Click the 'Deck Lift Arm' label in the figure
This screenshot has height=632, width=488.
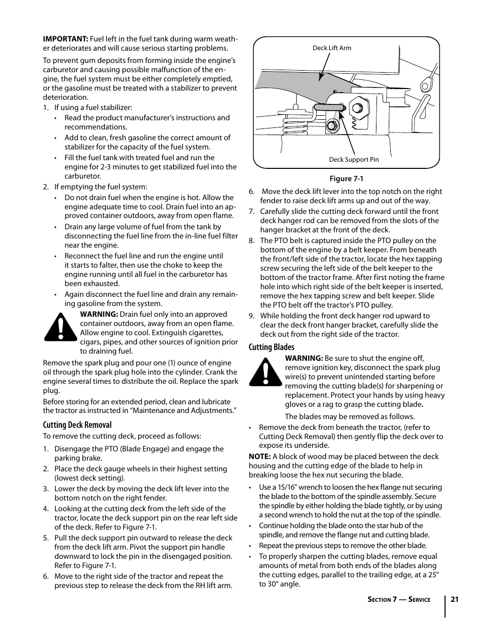tap(331, 48)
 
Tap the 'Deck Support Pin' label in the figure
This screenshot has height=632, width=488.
tap(353, 159)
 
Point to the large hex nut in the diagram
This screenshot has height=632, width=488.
tap(356, 108)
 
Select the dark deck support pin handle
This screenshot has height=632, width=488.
tap(328, 107)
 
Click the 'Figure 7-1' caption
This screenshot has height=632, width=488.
tap(346, 179)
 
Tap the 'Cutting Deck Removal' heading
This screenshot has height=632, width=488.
tap(77, 425)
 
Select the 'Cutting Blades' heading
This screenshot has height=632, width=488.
tap(272, 347)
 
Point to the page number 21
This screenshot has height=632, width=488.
tap(455, 599)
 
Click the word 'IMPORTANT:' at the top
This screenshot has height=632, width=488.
tap(65, 39)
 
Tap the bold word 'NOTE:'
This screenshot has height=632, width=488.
tap(259, 456)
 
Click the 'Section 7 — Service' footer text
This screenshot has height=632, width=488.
tap(398, 600)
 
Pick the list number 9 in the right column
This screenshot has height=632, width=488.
tap(252, 316)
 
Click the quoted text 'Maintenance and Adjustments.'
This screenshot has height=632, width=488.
tap(189, 410)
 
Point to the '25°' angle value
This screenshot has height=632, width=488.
tap(432, 575)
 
